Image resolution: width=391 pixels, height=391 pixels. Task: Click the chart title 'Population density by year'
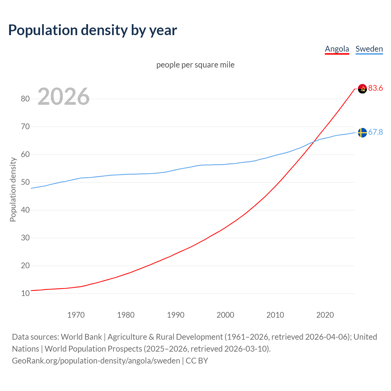[x=93, y=30]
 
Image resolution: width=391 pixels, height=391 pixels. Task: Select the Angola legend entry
[x=337, y=49]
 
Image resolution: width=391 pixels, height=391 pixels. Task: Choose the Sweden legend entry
[x=369, y=49]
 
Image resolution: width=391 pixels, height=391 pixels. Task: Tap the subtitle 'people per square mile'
[x=195, y=65]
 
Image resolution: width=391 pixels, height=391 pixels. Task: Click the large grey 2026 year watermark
[x=64, y=97]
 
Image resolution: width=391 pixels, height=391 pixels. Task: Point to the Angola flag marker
[x=362, y=89]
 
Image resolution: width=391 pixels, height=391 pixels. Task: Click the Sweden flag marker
[x=362, y=133]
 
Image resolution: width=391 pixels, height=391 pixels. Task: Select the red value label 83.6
[x=375, y=88]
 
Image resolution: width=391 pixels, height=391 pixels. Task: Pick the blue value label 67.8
[x=375, y=132]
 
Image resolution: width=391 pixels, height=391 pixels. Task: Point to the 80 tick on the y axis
[x=25, y=99]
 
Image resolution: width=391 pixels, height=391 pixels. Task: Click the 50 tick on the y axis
[x=25, y=182]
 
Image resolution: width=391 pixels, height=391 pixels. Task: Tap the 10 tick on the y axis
[x=25, y=293]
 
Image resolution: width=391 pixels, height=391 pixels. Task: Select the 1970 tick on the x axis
[x=76, y=315]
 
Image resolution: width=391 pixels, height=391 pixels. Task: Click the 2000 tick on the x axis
[x=225, y=315]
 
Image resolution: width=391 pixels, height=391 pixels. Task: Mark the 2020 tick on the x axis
[x=325, y=315]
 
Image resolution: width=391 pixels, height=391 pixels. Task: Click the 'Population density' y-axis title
[x=13, y=189]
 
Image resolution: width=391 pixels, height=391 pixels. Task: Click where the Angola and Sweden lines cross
[x=313, y=141]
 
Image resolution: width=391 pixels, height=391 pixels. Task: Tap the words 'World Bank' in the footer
[x=81, y=337]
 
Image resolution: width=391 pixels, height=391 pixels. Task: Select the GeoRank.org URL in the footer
[x=96, y=361]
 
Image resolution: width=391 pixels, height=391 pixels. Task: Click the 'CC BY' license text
[x=197, y=361]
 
